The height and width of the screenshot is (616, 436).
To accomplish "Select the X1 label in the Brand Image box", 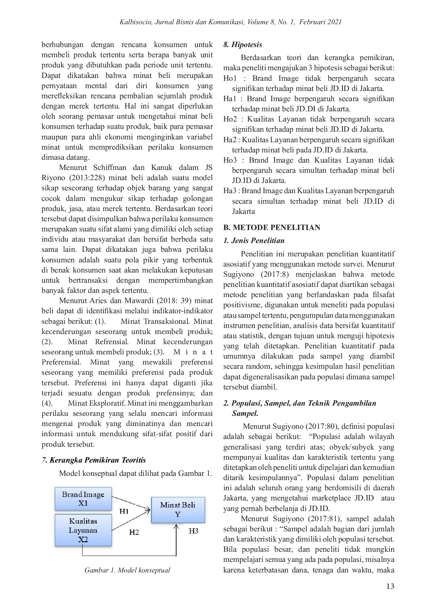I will point(83,503).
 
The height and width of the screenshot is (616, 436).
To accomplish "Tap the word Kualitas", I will point(83,521).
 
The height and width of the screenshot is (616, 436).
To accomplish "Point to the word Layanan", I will point(83,530).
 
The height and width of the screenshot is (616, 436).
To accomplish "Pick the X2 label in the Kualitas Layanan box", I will point(83,539).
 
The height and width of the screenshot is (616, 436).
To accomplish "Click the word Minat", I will point(170,505).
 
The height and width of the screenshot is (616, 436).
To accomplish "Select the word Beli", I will point(188,505).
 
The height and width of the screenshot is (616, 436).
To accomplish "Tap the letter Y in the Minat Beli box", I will point(178,514).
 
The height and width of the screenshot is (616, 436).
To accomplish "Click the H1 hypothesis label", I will point(124,511).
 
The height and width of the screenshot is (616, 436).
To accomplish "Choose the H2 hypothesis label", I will point(134,532).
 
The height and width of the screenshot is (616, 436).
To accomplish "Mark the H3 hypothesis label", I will point(193,531).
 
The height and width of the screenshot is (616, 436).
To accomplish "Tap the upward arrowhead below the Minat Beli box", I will point(176,525).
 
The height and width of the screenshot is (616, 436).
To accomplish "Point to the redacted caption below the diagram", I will point(128,570).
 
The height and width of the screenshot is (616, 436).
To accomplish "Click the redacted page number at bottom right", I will point(391,586).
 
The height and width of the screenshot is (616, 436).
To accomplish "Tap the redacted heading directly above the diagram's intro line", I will point(94,459).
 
